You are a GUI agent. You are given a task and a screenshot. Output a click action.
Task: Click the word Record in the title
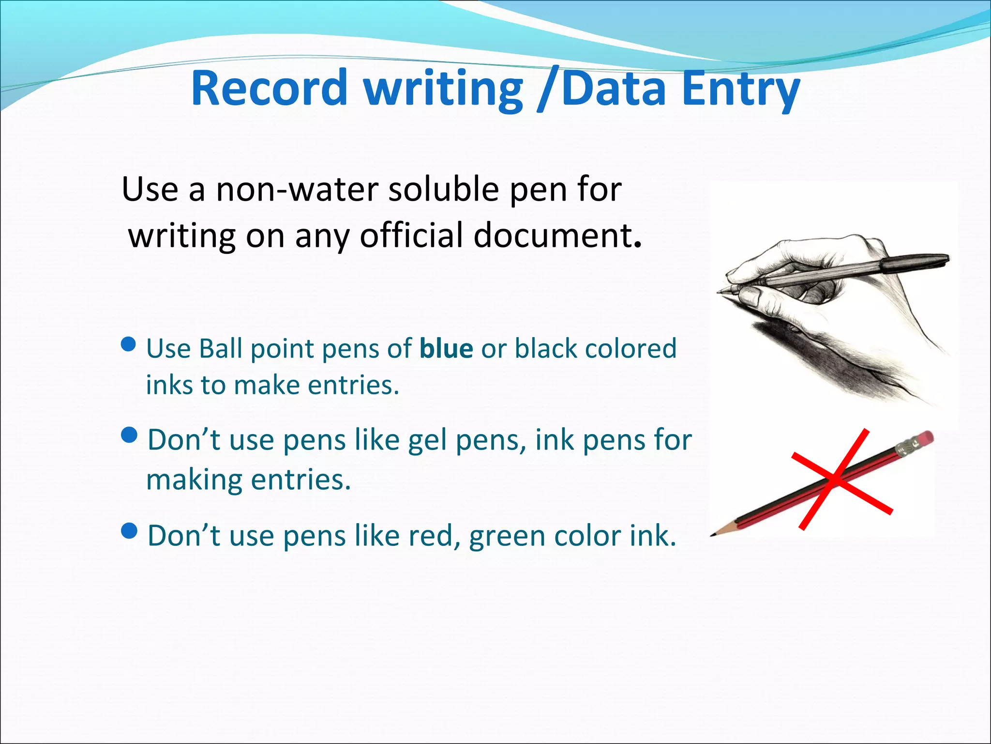pyautogui.click(x=269, y=89)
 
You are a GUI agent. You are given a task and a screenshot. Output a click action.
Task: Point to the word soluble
pyautogui.click(x=443, y=189)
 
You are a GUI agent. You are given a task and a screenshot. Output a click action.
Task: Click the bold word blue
pyautogui.click(x=446, y=349)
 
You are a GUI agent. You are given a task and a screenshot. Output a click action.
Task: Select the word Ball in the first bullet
pyautogui.click(x=220, y=349)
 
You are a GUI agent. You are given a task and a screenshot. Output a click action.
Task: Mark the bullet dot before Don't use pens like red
pyautogui.click(x=129, y=531)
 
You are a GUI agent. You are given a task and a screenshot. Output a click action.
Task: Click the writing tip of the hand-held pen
pyautogui.click(x=719, y=292)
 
